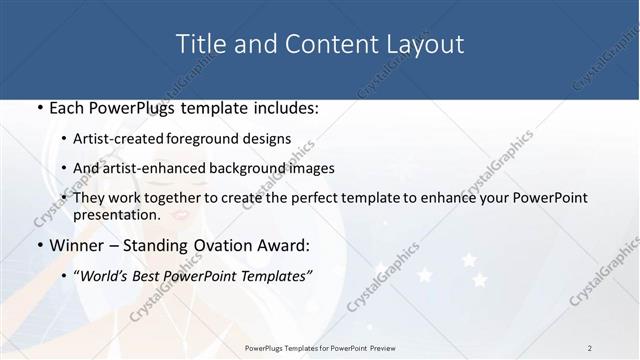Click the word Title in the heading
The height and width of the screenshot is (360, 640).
(200, 44)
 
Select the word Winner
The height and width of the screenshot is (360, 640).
(77, 245)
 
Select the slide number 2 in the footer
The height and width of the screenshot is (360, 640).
(590, 348)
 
